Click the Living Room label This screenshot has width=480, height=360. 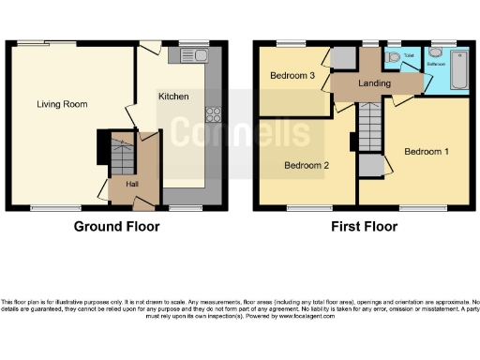click(x=56, y=104)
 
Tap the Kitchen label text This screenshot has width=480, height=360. click(x=173, y=97)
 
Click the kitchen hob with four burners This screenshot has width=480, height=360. click(x=212, y=116)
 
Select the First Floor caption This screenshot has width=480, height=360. click(x=364, y=227)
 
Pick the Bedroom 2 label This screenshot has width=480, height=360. click(x=307, y=165)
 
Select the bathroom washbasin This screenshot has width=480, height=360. click(x=434, y=54)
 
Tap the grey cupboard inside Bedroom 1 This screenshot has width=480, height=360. click(x=370, y=165)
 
